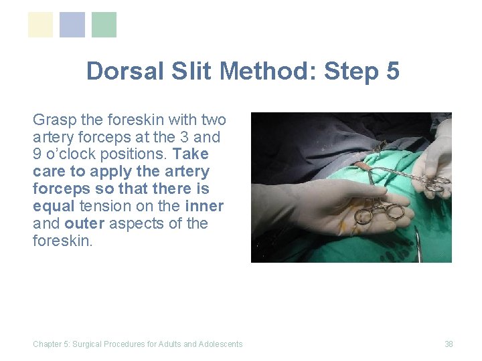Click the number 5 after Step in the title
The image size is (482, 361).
pyautogui.click(x=392, y=71)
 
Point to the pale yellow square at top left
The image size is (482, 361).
pyautogui.click(x=40, y=25)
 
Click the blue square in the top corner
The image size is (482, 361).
pyautogui.click(x=72, y=25)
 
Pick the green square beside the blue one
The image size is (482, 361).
pyautogui.click(x=104, y=25)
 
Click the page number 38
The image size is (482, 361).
pyautogui.click(x=449, y=344)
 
